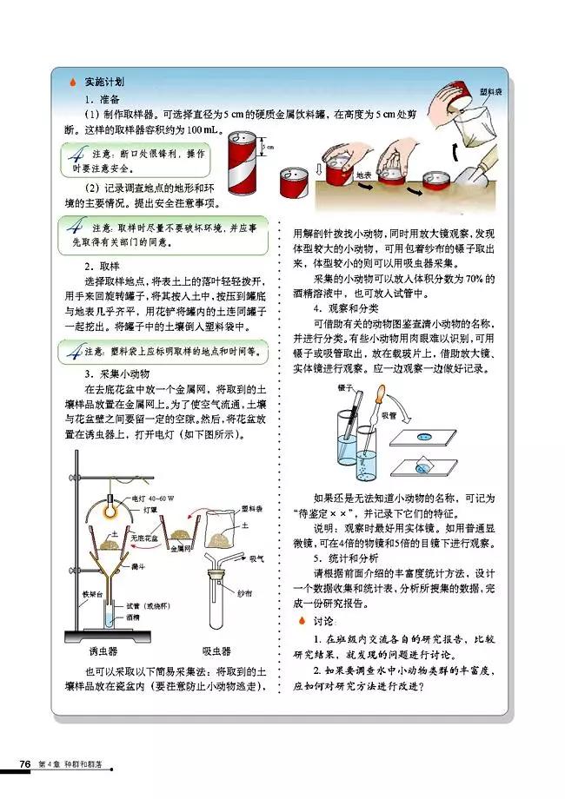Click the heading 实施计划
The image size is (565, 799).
pos(90,83)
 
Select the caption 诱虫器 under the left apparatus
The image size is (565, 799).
pos(103,650)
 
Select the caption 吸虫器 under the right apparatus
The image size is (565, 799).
pos(216,650)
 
